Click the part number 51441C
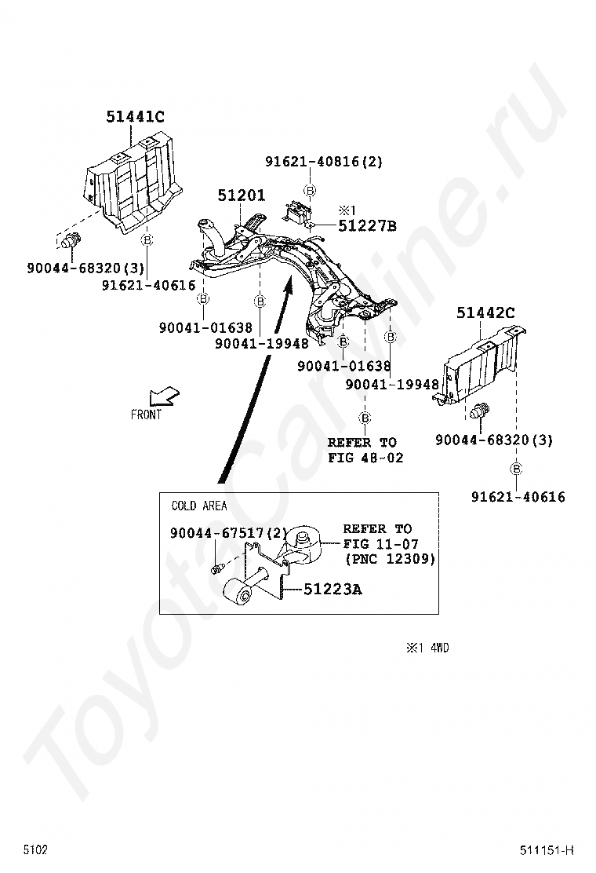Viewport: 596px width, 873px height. click(x=135, y=118)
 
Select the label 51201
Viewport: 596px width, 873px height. click(x=242, y=195)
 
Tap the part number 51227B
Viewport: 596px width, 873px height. click(x=367, y=227)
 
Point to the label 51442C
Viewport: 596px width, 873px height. click(x=485, y=314)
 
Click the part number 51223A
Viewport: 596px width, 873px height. click(x=333, y=589)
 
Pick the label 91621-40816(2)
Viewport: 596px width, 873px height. click(x=323, y=162)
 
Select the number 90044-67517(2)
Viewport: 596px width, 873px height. click(x=227, y=533)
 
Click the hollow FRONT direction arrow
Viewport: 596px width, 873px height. click(x=165, y=396)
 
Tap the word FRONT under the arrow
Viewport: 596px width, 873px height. click(x=147, y=415)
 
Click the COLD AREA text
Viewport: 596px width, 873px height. click(x=199, y=506)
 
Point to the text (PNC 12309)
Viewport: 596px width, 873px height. click(x=389, y=559)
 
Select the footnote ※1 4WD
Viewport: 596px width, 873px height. click(x=427, y=648)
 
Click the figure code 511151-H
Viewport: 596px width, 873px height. click(x=547, y=850)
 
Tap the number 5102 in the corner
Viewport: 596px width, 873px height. click(x=35, y=850)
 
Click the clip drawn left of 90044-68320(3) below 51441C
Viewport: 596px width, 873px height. click(x=71, y=239)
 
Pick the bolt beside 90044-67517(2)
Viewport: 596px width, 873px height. click(x=218, y=568)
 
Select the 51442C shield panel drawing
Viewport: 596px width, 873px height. click(x=480, y=365)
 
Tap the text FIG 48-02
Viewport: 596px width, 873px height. click(x=365, y=458)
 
